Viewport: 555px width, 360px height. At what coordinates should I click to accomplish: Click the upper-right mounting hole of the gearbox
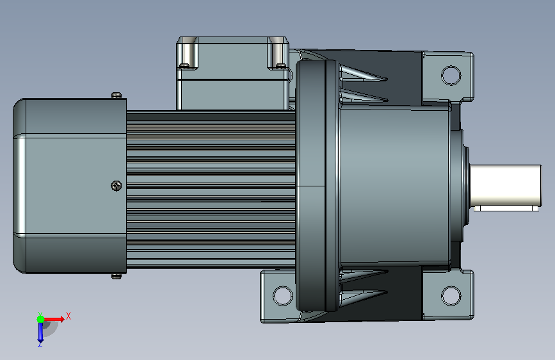tap(451, 76)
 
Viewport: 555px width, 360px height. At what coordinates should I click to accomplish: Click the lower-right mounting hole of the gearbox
tap(451, 296)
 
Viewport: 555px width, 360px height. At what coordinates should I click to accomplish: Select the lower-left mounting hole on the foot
tap(283, 296)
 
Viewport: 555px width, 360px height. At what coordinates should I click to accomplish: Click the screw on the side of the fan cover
tap(117, 186)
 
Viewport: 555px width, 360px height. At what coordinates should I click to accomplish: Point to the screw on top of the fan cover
tap(117, 95)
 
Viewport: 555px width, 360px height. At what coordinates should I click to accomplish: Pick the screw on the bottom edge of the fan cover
tap(117, 276)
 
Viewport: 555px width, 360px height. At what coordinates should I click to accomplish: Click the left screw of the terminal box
tap(184, 65)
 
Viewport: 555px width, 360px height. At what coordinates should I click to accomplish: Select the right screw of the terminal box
tap(280, 65)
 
